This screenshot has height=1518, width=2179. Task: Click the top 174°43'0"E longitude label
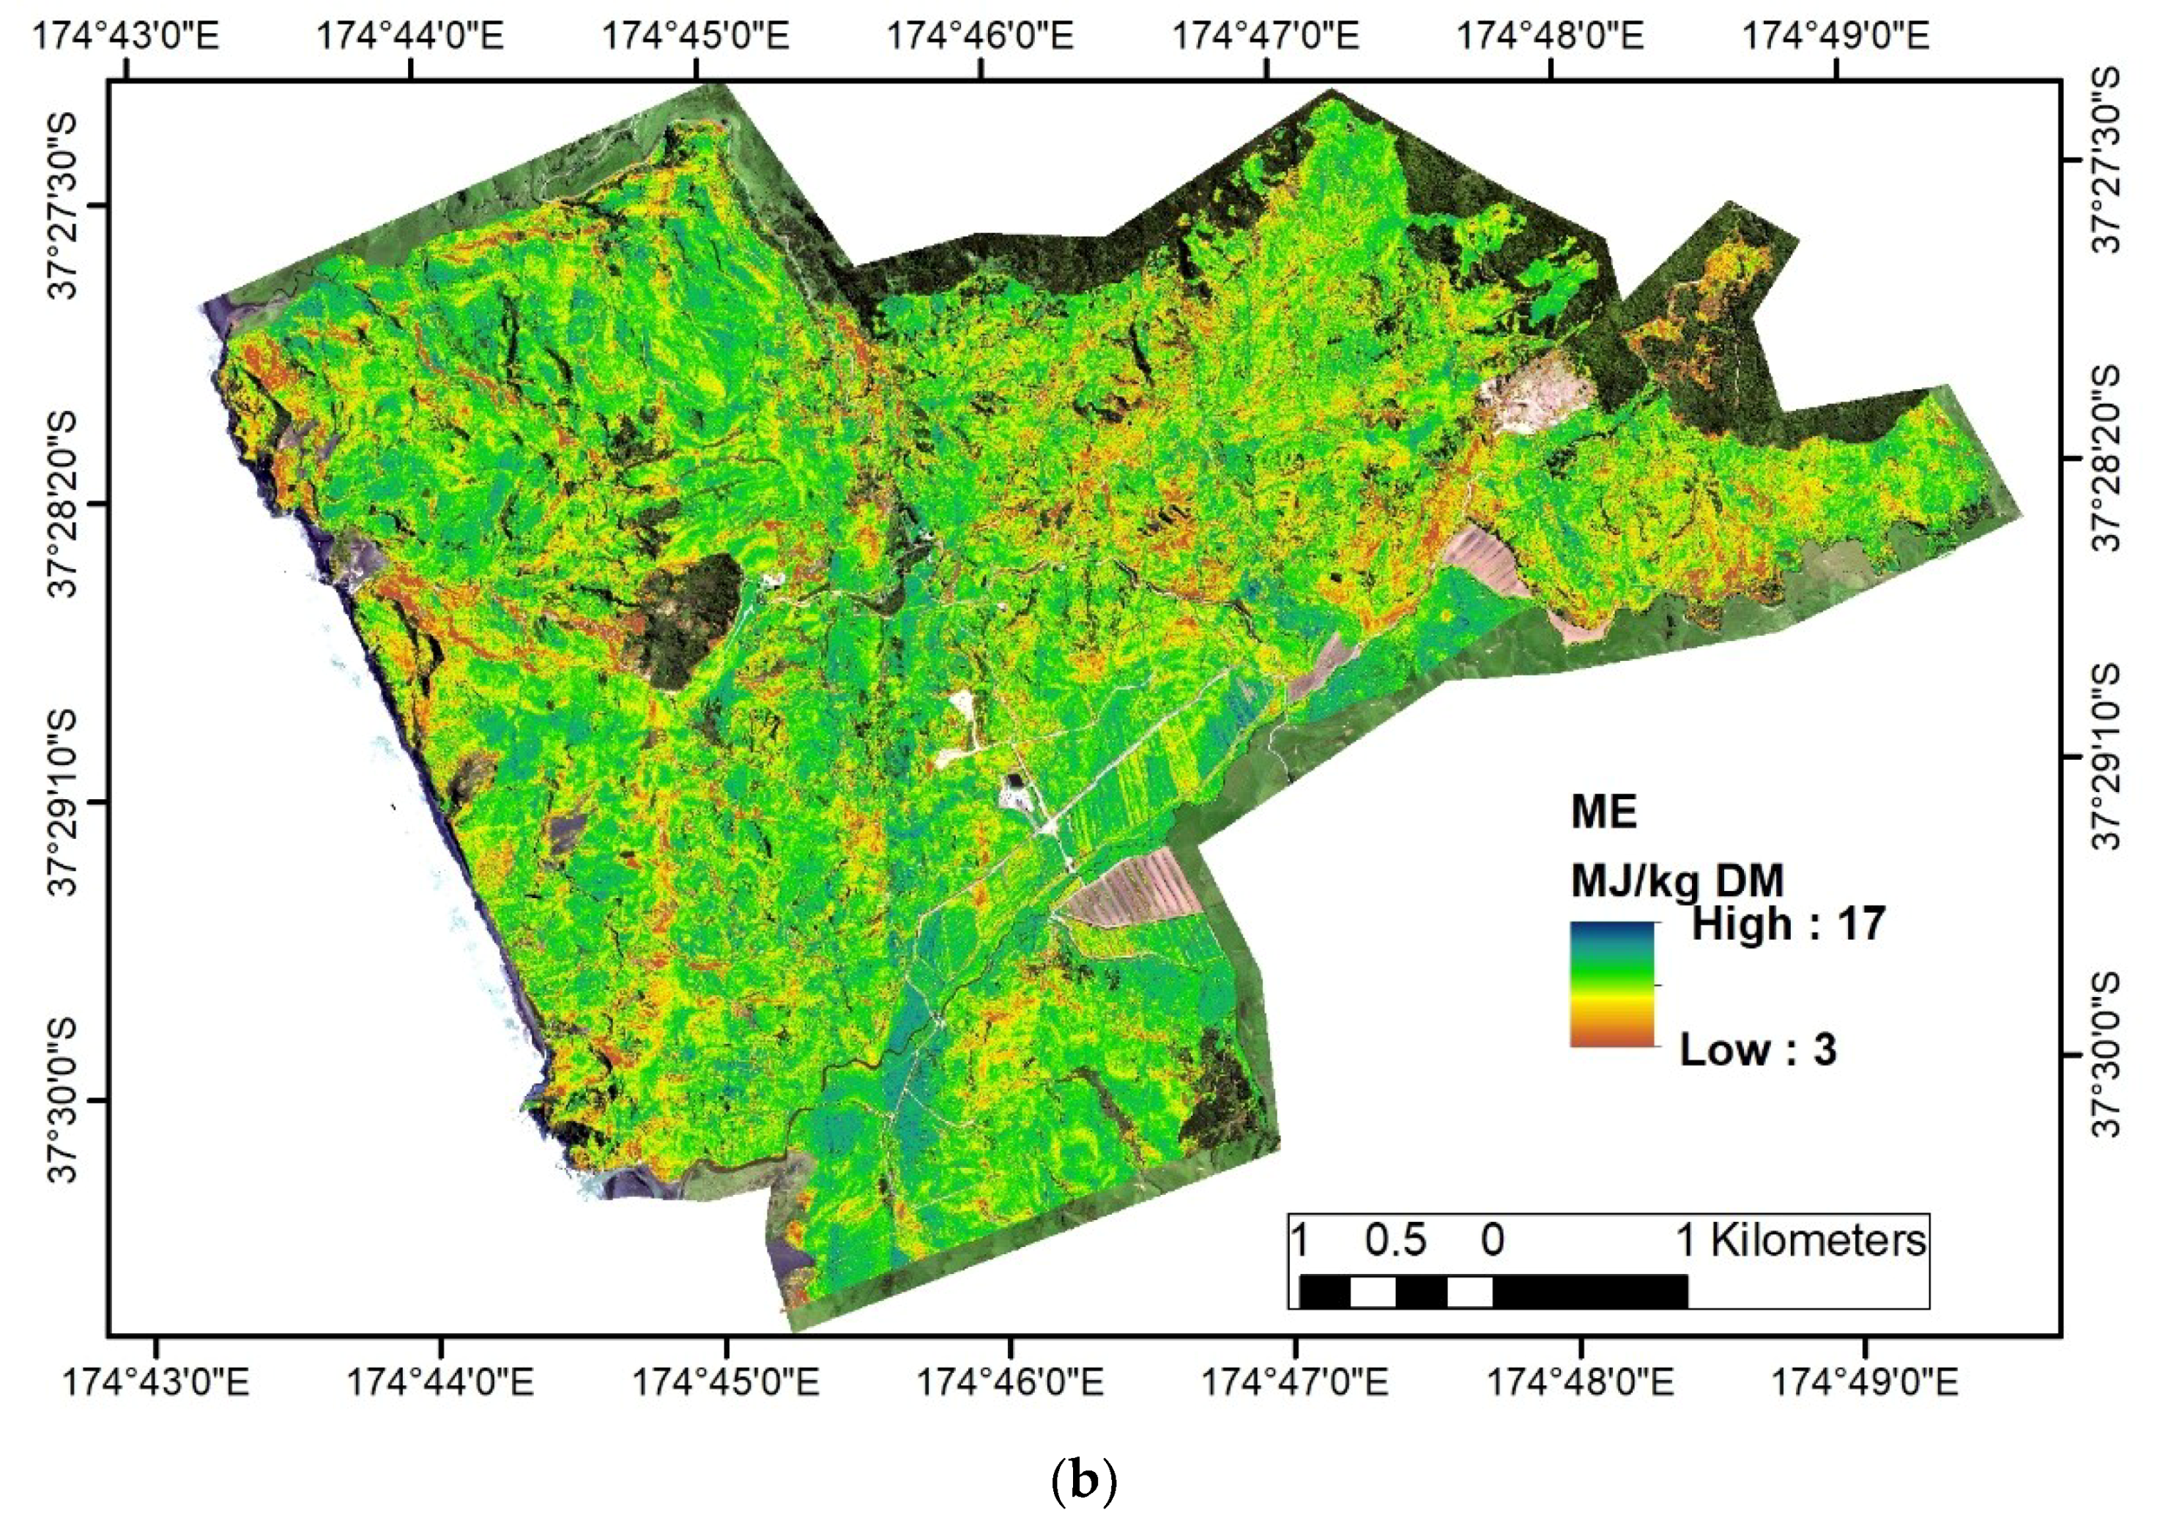(x=126, y=36)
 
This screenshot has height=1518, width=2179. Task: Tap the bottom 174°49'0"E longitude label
(x=1865, y=1382)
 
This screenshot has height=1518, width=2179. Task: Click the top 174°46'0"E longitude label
(x=980, y=36)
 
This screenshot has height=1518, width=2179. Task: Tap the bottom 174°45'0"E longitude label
(x=726, y=1382)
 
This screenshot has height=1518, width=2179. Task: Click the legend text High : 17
(x=1788, y=924)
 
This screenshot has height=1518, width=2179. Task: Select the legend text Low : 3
(x=1758, y=1049)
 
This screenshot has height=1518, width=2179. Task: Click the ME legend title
(x=1604, y=812)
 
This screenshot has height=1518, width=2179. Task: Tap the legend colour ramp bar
(x=1611, y=985)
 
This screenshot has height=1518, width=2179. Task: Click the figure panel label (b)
(x=1084, y=1481)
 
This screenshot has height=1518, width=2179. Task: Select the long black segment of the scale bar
(x=1589, y=1291)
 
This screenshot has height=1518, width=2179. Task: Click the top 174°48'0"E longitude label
(x=1550, y=36)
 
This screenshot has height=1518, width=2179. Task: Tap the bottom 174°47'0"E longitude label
(x=1296, y=1382)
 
